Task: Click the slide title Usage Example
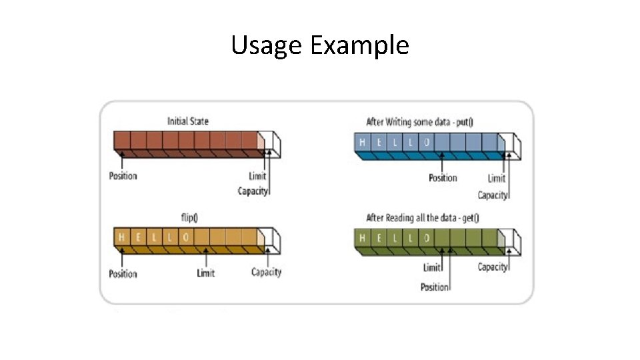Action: coord(320,45)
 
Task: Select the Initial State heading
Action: coord(187,121)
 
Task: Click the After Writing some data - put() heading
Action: coord(424,122)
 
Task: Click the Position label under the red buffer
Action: coord(123,176)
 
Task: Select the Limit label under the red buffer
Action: coord(257,176)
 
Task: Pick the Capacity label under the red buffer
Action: coord(253,191)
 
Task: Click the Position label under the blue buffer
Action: coord(443,178)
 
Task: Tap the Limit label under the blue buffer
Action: coord(497,178)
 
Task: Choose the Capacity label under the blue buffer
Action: coord(493,195)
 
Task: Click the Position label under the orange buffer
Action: coord(123,273)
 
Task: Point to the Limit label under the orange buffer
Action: coord(206,273)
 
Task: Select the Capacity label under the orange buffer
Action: coord(266,272)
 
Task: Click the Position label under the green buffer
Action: coord(435,287)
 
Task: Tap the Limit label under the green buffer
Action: coord(432,268)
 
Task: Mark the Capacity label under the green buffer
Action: coord(493,267)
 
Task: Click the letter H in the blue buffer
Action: coord(363,142)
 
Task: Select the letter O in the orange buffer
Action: coord(186,237)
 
